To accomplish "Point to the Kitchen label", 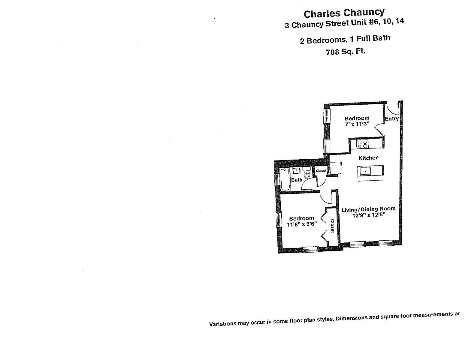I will (368, 158).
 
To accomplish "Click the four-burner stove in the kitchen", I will (362, 144).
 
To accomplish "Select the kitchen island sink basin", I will (365, 171).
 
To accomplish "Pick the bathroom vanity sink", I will (297, 170).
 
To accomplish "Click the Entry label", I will (392, 118).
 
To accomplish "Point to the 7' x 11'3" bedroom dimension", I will (357, 124).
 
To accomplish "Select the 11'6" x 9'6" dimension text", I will (302, 224).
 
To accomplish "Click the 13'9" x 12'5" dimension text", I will (369, 215).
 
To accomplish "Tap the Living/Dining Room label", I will (368, 209).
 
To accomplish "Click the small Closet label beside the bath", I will (321, 171).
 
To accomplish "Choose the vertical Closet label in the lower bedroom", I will (332, 226).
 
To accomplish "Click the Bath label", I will (297, 180).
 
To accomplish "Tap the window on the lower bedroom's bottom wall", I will (310, 249).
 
